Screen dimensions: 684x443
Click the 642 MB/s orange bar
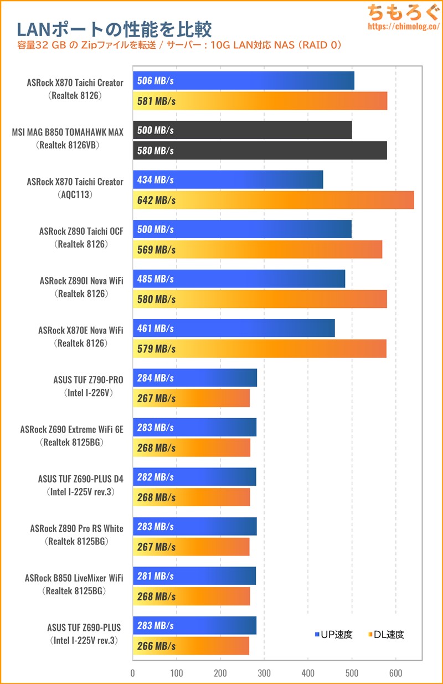coord(274,200)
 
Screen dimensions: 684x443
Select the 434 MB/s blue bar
coord(228,180)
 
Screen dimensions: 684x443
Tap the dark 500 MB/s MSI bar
coord(242,130)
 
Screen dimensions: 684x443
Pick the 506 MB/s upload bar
coord(244,81)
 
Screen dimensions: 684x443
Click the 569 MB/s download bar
coord(257,250)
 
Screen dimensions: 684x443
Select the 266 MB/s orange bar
coord(191,646)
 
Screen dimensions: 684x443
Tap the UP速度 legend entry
coord(333,635)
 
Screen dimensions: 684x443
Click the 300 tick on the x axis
coord(264,673)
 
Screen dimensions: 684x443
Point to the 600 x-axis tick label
coord(395,673)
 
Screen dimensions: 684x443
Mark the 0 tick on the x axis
coord(133,673)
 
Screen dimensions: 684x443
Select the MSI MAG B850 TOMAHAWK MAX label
coord(68,132)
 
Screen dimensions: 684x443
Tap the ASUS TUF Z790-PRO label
coord(88,379)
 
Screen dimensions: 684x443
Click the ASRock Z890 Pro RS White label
coord(77,528)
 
